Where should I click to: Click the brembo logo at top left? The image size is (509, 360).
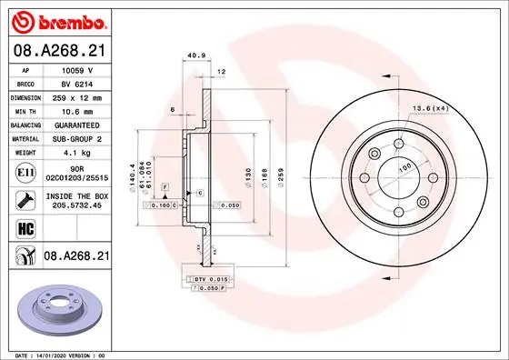point(57,19)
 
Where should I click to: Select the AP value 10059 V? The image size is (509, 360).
point(77,70)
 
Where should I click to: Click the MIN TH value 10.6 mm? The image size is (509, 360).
point(78,110)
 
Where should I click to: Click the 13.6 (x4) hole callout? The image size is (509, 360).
point(430,109)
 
